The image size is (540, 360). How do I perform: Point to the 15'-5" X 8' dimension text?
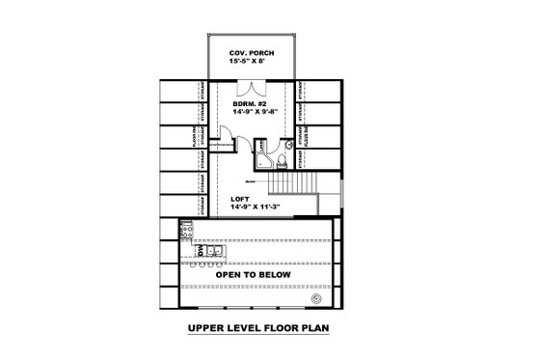pos(250,61)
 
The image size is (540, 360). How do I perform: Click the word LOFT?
pos(240,197)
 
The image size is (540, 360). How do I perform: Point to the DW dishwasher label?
pos(187,250)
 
